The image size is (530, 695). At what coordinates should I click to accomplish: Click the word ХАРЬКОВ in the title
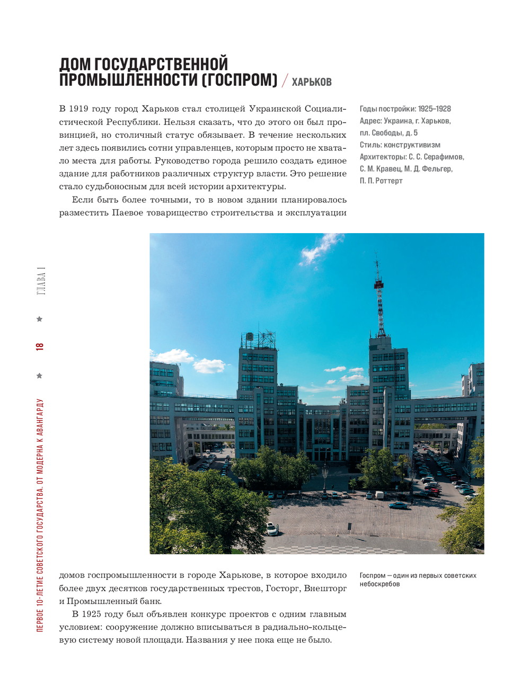(312, 82)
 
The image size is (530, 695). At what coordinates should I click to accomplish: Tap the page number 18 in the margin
(40, 346)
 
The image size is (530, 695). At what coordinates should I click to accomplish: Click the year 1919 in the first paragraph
(78, 109)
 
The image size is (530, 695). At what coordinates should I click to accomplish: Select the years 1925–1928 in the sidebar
(434, 109)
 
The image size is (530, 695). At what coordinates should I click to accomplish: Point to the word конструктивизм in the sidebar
(412, 145)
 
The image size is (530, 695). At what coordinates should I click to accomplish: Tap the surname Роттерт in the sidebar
(390, 181)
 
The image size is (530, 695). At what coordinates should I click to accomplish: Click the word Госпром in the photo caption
(373, 575)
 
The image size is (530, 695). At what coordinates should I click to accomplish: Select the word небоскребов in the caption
(379, 584)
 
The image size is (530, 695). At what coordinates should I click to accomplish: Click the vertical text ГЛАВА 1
(41, 281)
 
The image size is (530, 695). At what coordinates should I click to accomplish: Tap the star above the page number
(39, 319)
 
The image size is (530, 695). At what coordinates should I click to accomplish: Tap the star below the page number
(39, 376)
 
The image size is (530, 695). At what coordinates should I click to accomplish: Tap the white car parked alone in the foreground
(272, 528)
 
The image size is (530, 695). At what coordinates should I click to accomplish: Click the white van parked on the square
(379, 495)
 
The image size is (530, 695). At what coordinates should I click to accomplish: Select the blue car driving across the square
(398, 505)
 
